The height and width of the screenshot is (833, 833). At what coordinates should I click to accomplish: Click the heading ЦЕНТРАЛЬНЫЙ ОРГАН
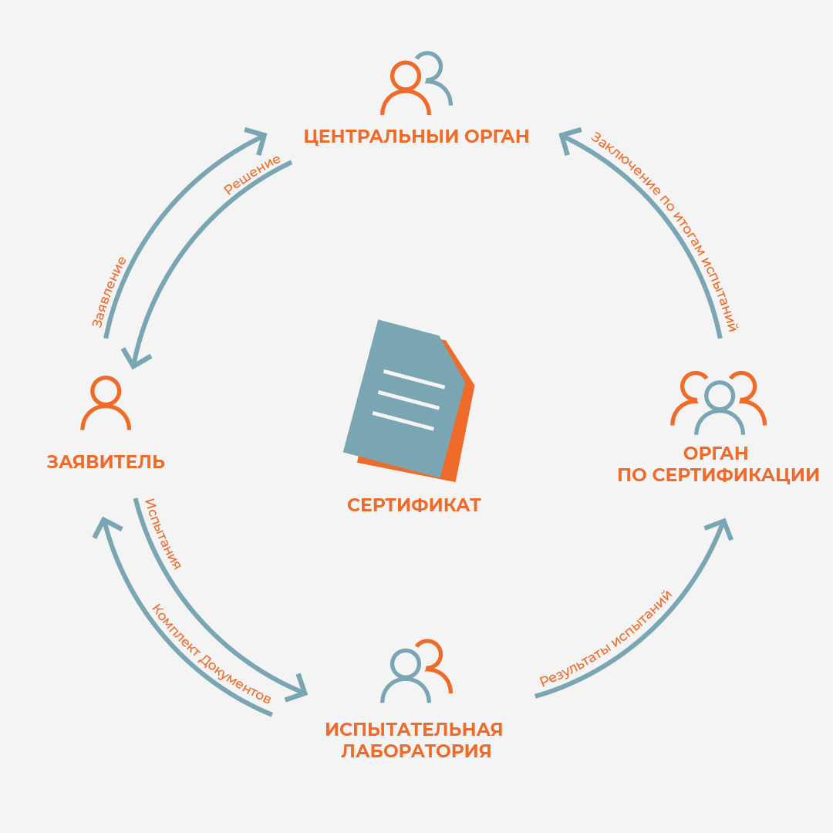click(x=416, y=137)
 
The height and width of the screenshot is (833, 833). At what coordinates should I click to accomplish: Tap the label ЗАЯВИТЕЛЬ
click(x=106, y=462)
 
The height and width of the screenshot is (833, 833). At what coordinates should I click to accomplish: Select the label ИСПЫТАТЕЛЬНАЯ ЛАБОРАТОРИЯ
click(x=415, y=740)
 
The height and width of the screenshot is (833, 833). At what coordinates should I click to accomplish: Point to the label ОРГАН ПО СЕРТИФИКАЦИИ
click(x=717, y=464)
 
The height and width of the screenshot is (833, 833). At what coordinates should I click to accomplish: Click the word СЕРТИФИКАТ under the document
click(x=414, y=505)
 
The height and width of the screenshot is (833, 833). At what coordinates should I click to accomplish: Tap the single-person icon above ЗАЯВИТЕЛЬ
click(x=106, y=403)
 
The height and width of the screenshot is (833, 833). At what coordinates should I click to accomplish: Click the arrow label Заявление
click(x=110, y=292)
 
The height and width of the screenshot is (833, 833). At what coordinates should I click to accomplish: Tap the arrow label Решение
click(x=251, y=177)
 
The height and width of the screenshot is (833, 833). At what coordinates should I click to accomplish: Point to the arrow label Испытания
click(x=163, y=534)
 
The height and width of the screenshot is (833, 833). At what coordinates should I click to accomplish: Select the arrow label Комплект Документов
click(x=211, y=654)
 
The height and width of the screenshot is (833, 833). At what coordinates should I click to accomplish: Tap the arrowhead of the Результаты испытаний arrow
click(x=722, y=527)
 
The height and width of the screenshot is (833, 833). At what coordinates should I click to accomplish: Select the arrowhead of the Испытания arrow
click(x=297, y=689)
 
